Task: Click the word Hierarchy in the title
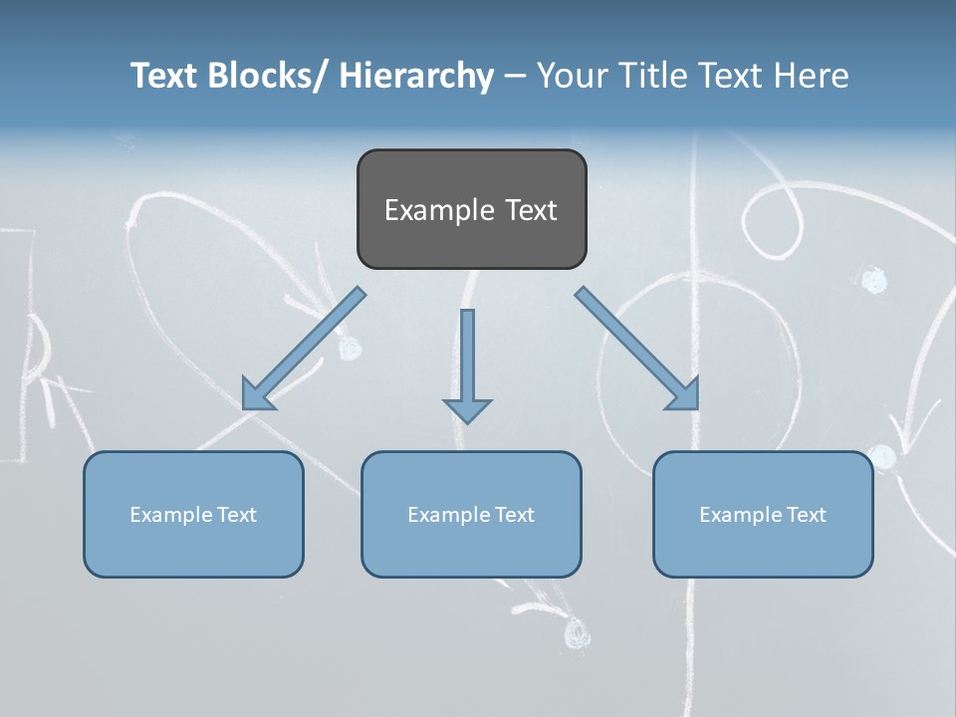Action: coord(416,76)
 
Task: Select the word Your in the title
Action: coord(573,76)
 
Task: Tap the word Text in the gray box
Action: coord(532,210)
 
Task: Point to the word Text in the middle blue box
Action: coord(511,515)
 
